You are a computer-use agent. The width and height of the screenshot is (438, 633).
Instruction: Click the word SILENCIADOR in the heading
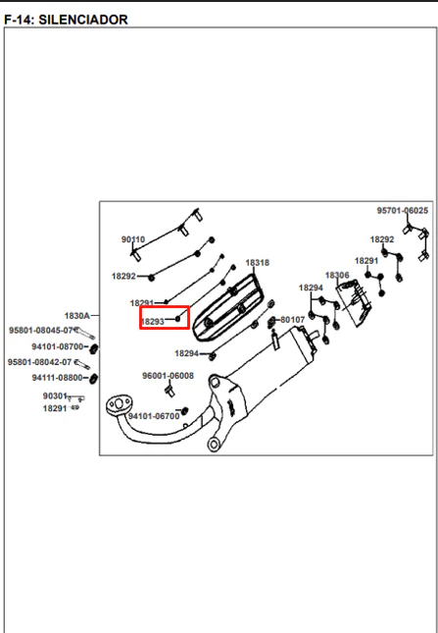coord(83,20)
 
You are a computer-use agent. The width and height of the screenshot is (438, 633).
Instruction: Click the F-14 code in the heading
coord(18,20)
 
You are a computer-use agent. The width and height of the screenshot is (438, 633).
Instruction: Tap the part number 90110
coord(133,239)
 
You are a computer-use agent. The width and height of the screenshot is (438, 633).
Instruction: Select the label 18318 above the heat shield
coord(258,263)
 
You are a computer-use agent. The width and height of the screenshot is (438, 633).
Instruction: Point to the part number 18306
coord(337,276)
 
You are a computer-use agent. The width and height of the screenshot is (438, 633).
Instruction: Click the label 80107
coord(293,320)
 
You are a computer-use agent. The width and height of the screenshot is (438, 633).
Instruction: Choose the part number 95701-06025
coord(403,210)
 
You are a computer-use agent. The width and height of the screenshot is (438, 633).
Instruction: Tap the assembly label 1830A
coord(77,315)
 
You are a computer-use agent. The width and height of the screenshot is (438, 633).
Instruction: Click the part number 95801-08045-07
coord(40,330)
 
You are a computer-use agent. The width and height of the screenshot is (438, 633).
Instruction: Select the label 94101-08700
coord(58,346)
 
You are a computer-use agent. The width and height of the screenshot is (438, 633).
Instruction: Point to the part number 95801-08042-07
coord(39,362)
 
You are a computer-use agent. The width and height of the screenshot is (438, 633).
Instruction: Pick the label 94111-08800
coord(57,378)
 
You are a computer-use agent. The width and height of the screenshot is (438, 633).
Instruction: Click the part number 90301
coord(55,396)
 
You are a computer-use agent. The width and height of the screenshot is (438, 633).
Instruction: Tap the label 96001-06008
coord(168,376)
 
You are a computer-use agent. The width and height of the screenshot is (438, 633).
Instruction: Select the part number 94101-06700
coord(154,416)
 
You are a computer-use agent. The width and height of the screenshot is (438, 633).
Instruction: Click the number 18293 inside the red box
coord(153,321)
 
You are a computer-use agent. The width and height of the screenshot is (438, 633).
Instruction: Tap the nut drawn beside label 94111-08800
coord(93,378)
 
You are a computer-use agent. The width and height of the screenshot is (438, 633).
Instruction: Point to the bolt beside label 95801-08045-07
coord(85,333)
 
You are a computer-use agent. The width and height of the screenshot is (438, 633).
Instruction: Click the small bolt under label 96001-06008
coord(170,391)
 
